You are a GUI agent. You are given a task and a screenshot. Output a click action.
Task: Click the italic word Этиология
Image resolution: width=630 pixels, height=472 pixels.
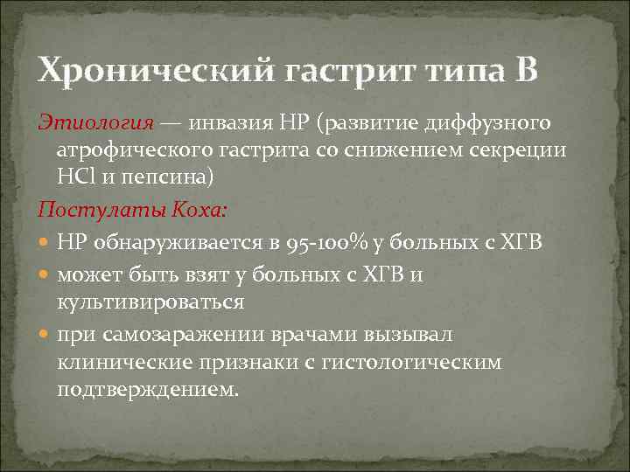[95, 121]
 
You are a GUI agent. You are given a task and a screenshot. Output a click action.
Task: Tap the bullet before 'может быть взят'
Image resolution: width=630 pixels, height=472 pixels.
[45, 274]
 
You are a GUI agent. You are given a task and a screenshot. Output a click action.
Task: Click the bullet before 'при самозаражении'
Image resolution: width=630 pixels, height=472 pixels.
[45, 334]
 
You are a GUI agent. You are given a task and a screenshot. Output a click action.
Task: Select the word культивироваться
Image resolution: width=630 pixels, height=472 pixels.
[150, 302]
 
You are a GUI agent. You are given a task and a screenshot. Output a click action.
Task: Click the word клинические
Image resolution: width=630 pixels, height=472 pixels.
[118, 361]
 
